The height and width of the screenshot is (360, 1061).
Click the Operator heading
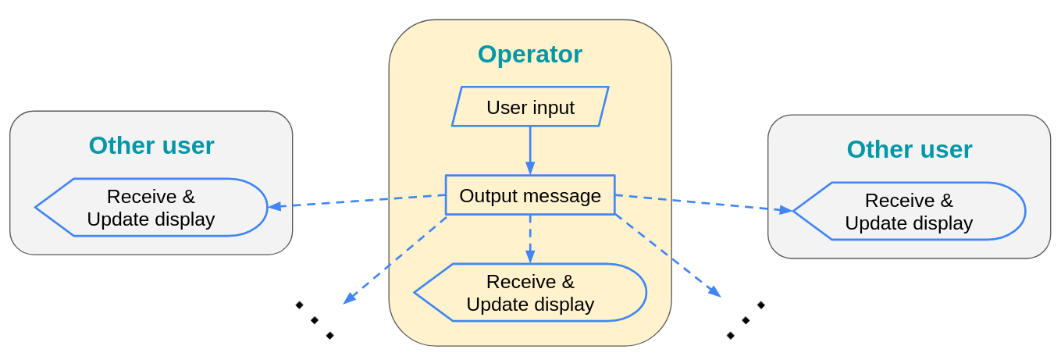pos(529,55)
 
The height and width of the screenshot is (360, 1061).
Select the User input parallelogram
pos(530,107)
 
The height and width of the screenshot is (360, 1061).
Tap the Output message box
pos(530,195)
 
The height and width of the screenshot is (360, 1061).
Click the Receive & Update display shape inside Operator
pos(530,293)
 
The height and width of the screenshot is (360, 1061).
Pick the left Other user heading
pos(151,146)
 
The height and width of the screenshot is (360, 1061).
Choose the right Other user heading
pos(909,150)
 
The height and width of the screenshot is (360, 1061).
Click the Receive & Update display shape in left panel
pos(151,208)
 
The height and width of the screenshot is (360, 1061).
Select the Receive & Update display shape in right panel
pos(909,212)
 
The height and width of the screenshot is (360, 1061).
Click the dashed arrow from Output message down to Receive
pos(530,238)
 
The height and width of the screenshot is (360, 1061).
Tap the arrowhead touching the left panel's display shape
pos(275,206)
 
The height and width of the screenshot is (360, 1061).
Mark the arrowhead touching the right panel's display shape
pos(785,209)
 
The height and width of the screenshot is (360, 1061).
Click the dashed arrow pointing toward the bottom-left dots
pos(394,260)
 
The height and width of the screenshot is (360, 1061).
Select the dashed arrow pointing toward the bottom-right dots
pos(668,256)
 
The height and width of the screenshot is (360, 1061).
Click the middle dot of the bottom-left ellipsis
pos(315,320)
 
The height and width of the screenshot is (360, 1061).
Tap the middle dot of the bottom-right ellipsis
pos(746,320)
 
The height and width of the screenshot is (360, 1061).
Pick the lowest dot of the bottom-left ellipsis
pos(330,336)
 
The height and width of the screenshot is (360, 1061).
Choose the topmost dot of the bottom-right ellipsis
pos(761,305)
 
